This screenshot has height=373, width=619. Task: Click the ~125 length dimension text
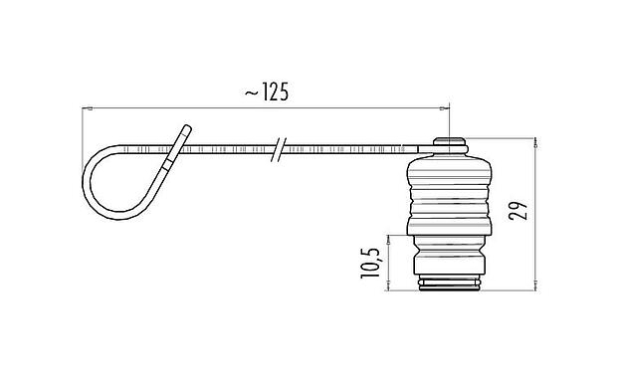pyautogui.click(x=266, y=93)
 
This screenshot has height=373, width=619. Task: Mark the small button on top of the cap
pyautogui.click(x=449, y=145)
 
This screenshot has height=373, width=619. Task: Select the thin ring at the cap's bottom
pyautogui.click(x=449, y=287)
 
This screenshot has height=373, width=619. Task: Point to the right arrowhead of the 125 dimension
pyautogui.click(x=450, y=107)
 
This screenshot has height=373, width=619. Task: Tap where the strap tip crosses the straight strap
pyautogui.click(x=170, y=150)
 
